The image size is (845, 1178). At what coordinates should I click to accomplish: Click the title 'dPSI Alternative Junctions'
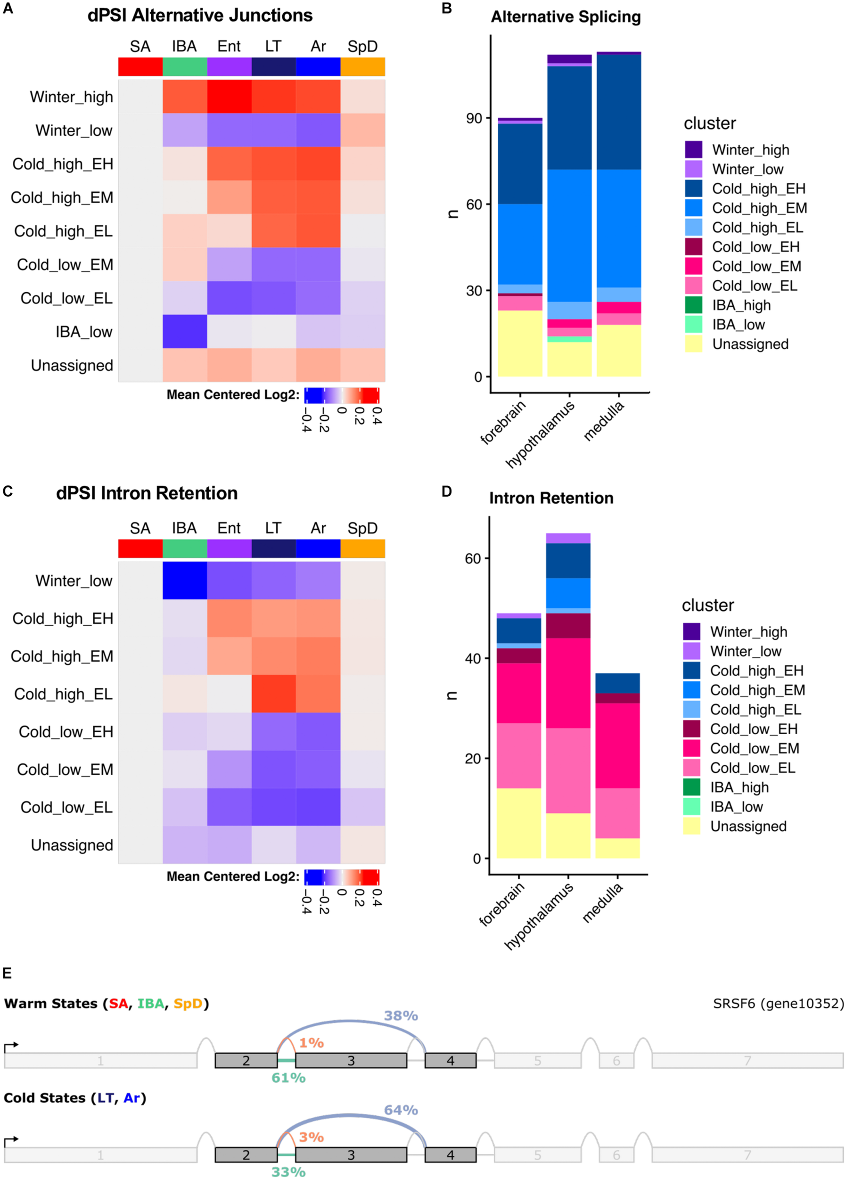(x=200, y=16)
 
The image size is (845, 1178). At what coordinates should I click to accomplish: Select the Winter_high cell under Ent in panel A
(x=229, y=97)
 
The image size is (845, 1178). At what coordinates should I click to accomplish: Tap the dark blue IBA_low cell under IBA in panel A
(x=184, y=331)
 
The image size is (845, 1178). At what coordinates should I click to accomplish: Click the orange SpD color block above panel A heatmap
(x=362, y=67)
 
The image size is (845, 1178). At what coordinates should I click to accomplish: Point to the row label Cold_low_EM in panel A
(x=65, y=265)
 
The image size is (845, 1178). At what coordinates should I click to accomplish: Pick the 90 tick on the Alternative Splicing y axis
(x=474, y=118)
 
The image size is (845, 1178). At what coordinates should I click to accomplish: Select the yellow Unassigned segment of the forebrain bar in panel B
(x=520, y=344)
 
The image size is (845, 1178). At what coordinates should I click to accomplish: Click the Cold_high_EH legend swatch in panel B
(x=693, y=188)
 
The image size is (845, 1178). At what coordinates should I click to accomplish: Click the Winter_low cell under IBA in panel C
(x=184, y=580)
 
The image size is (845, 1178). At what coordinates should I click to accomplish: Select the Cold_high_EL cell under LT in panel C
(x=273, y=694)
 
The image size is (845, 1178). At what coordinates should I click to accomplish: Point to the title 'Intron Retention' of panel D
(x=551, y=498)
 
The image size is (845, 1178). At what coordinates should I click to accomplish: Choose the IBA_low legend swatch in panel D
(x=691, y=807)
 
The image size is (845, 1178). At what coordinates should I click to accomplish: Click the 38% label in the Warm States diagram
(x=401, y=1015)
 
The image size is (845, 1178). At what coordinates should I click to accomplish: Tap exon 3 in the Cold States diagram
(x=351, y=1154)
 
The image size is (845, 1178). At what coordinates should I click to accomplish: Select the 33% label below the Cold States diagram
(x=288, y=1171)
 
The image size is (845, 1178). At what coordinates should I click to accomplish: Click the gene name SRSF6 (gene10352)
(x=778, y=1004)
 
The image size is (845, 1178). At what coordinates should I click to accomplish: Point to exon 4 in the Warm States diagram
(x=450, y=1061)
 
